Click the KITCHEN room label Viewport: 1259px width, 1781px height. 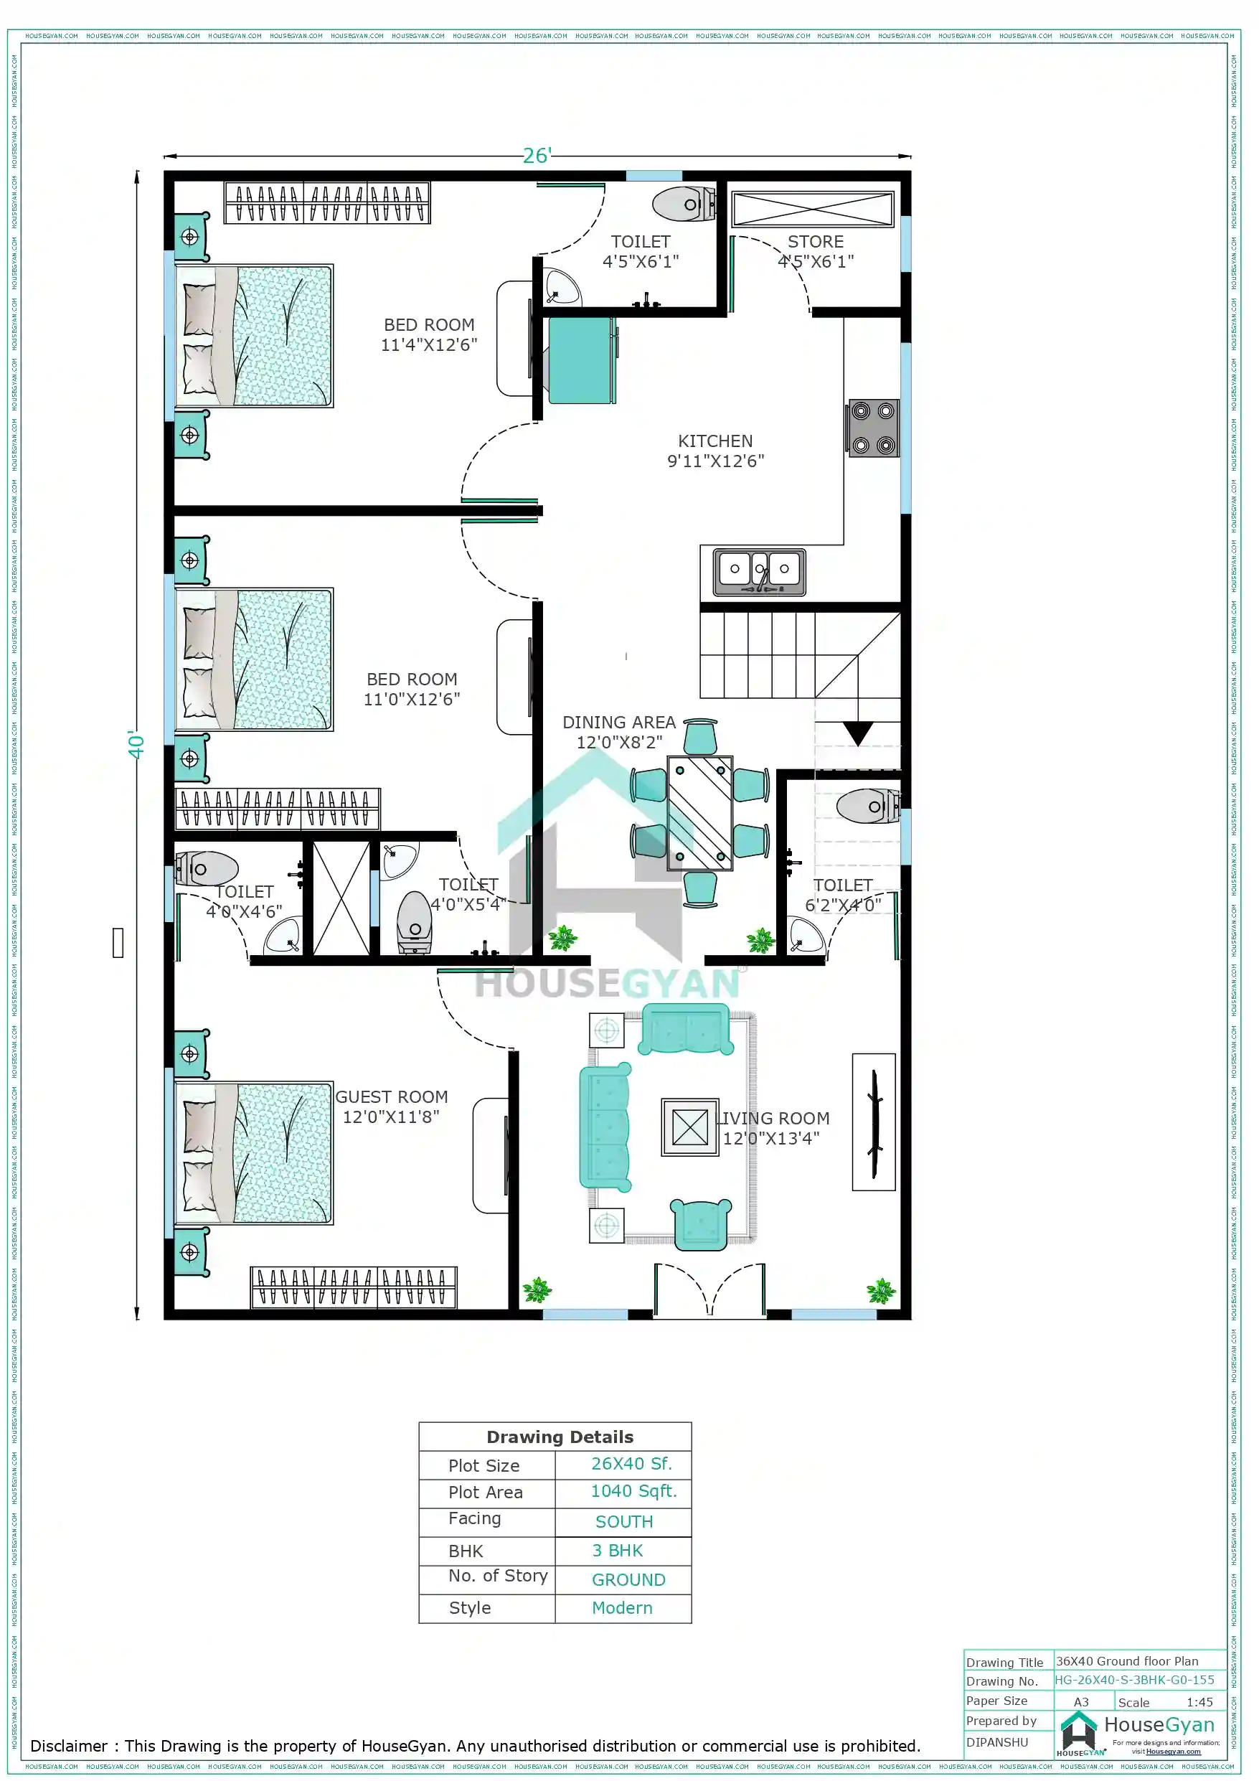715,441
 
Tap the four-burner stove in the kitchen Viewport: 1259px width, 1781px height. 872,428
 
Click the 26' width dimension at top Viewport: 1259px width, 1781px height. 536,156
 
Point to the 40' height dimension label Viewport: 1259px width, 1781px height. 136,746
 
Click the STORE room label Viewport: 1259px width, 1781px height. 815,242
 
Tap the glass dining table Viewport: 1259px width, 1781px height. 699,812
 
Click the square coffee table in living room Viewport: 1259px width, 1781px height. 689,1127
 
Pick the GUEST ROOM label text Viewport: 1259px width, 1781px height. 391,1097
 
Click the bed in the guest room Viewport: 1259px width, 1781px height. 254,1152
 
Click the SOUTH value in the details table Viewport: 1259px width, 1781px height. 623,1522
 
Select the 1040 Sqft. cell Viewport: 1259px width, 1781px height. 633,1492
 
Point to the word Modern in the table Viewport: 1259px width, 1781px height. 621,1608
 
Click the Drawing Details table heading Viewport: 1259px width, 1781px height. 560,1437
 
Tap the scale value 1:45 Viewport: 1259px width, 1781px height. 1199,1703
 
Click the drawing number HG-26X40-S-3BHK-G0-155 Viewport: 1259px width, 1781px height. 1134,1680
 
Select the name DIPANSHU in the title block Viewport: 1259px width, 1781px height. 997,1742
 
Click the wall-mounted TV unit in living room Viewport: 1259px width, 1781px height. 874,1122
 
